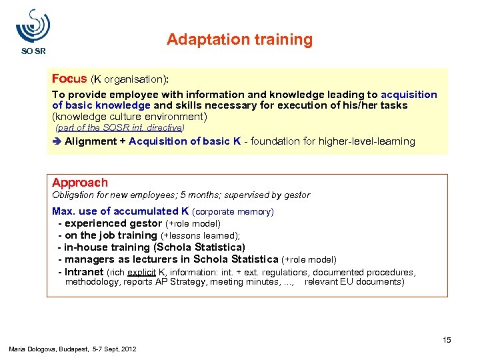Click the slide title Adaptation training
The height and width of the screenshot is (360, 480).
(x=239, y=40)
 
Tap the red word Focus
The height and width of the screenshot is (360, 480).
(x=69, y=79)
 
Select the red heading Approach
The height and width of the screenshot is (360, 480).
(x=79, y=183)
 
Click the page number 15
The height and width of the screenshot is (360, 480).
(x=447, y=340)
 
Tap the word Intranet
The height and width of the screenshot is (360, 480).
(x=84, y=272)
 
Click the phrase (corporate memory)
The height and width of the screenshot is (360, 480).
(x=233, y=212)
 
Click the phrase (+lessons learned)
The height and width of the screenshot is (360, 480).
(x=200, y=236)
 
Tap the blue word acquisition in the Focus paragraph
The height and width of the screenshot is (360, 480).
(x=409, y=95)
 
